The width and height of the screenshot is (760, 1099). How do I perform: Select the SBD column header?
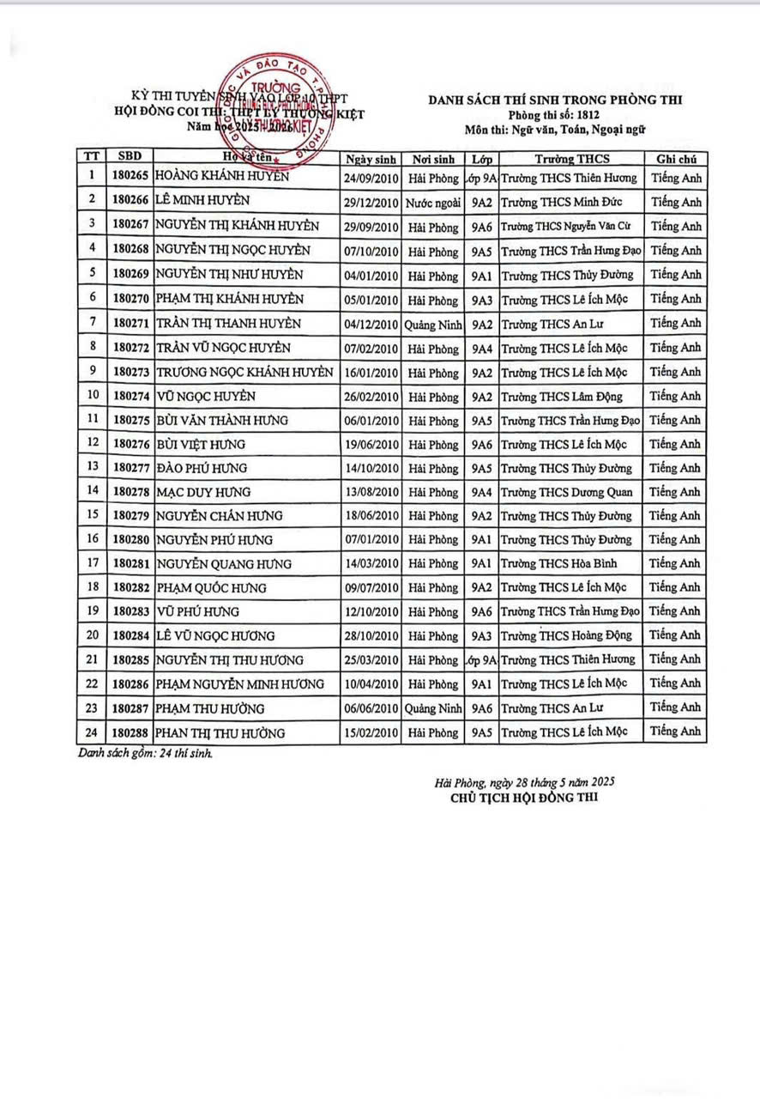coord(132,157)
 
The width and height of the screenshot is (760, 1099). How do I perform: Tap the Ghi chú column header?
coord(677,159)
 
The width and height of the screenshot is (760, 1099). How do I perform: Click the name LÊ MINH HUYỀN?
coord(203,201)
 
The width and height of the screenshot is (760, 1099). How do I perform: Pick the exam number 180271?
coord(130,323)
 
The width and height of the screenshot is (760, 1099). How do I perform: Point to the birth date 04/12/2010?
coord(371,324)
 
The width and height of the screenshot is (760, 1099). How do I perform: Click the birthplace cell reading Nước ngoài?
coord(433,203)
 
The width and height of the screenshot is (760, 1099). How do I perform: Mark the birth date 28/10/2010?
coord(371,636)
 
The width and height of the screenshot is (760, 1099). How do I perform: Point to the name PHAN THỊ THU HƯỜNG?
coord(220,733)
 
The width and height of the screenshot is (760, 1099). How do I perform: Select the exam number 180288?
coord(130,733)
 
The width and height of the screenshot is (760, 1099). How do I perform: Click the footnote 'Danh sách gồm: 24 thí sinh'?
coord(145,754)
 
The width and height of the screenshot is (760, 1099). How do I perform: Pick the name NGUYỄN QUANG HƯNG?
coord(223,564)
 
